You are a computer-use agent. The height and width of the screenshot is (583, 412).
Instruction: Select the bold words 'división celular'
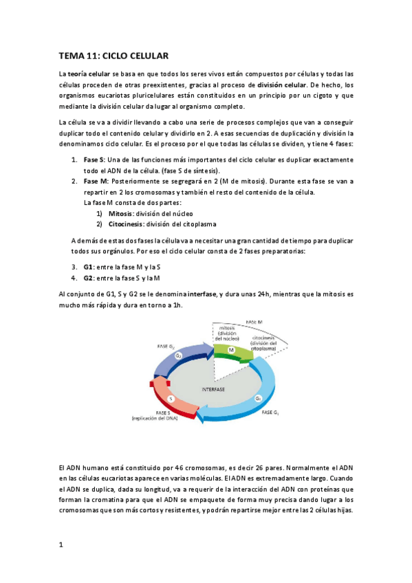[x=281, y=85]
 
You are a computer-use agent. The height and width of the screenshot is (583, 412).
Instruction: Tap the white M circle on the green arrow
[x=232, y=350]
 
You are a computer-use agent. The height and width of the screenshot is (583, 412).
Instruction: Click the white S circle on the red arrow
[x=171, y=398]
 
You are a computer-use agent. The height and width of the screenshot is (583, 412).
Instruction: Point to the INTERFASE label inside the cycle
[x=213, y=388]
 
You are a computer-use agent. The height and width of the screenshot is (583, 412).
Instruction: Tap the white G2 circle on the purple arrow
[x=178, y=355]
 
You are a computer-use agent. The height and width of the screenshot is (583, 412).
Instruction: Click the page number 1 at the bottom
[x=61, y=544]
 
